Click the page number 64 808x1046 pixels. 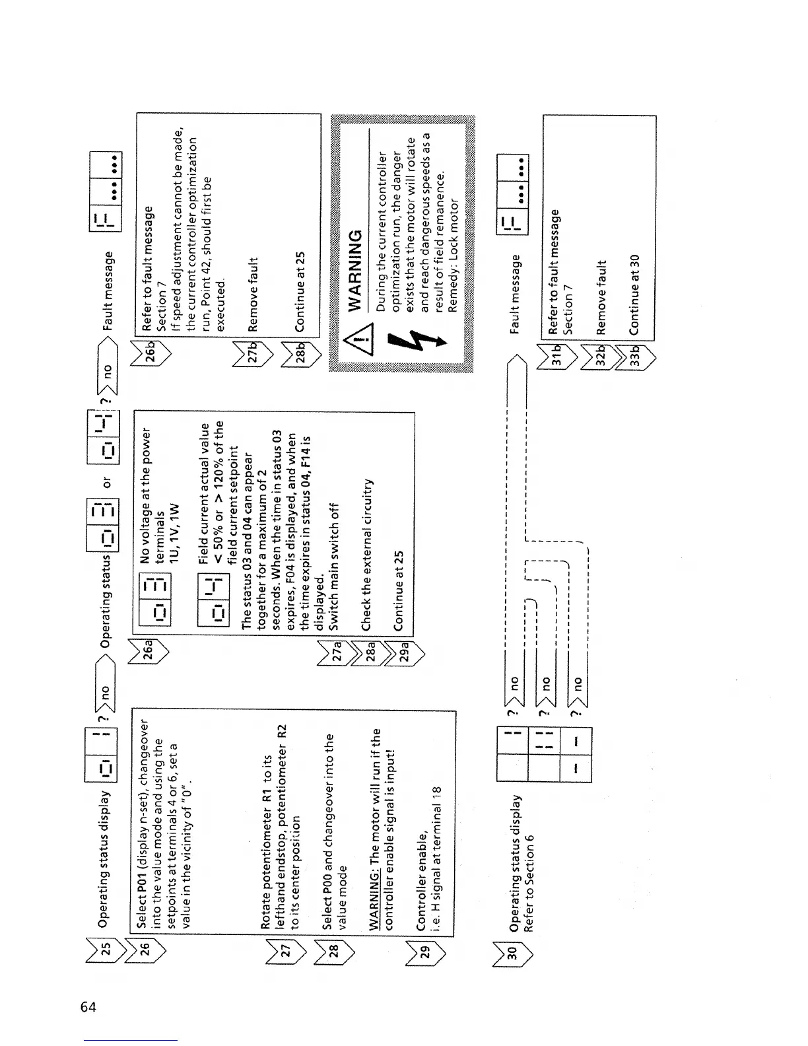[88, 1007]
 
